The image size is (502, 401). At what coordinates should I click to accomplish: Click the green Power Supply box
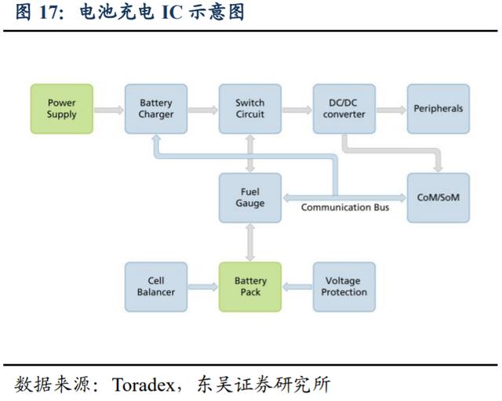pyautogui.click(x=62, y=109)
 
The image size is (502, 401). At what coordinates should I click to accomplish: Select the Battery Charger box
pyautogui.click(x=156, y=109)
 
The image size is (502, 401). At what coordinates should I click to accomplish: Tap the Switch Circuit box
pyautogui.click(x=250, y=109)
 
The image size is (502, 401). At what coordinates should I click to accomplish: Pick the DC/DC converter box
pyautogui.click(x=344, y=109)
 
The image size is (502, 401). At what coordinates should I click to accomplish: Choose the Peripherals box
pyautogui.click(x=438, y=109)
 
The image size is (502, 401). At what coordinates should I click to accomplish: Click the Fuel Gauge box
pyautogui.click(x=250, y=197)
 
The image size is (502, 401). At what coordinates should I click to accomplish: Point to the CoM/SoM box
pyautogui.click(x=438, y=197)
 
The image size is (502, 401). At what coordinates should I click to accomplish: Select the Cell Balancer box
pyautogui.click(x=156, y=287)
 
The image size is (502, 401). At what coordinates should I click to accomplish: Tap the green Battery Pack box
pyautogui.click(x=250, y=287)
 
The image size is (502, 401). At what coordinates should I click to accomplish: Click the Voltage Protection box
pyautogui.click(x=344, y=287)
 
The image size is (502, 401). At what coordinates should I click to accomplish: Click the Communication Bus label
pyautogui.click(x=345, y=208)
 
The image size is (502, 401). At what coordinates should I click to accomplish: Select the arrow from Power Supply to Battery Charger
pyautogui.click(x=109, y=110)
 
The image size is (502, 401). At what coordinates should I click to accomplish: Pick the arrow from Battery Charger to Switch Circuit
pyautogui.click(x=203, y=110)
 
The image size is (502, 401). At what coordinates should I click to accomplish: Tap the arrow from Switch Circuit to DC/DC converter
pyautogui.click(x=297, y=110)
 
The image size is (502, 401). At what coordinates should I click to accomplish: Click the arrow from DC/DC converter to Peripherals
pyautogui.click(x=391, y=110)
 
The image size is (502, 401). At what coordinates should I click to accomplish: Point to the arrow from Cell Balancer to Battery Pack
pyautogui.click(x=203, y=287)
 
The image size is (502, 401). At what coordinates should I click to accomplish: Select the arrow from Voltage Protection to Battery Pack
pyautogui.click(x=297, y=287)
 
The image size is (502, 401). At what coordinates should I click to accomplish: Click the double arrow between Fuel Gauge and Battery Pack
pyautogui.click(x=250, y=242)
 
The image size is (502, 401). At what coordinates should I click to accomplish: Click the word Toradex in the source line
pyautogui.click(x=143, y=385)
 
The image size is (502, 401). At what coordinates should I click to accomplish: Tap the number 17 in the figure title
pyautogui.click(x=49, y=13)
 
